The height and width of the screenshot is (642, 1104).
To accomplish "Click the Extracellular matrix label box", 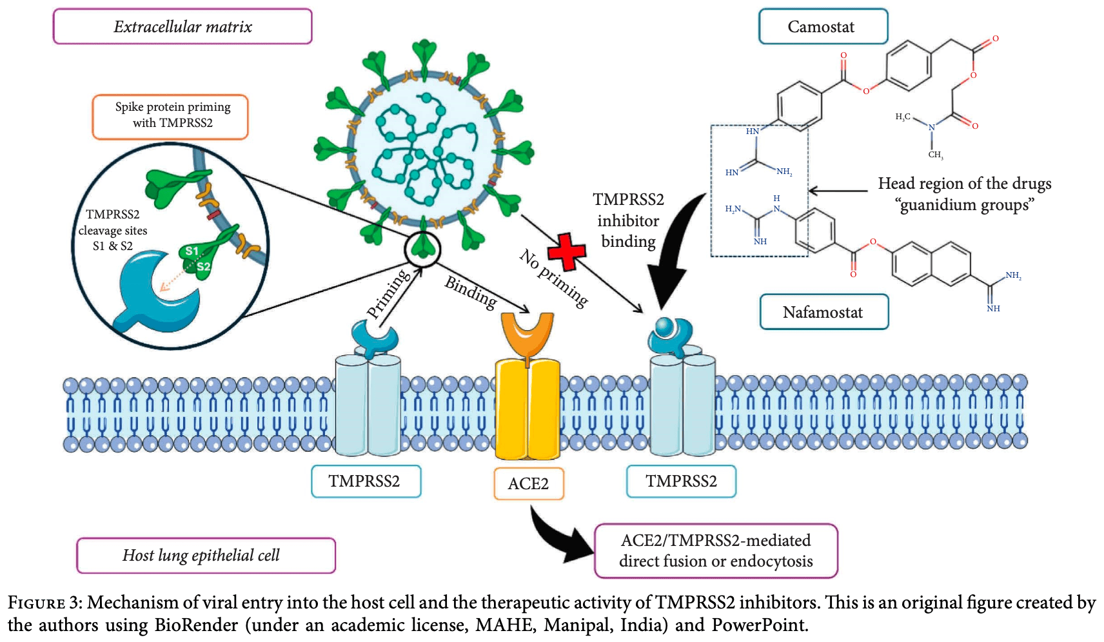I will coord(182,26).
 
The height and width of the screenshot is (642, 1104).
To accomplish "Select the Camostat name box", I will coord(822,26).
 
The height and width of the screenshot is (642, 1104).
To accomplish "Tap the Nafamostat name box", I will coord(823,312).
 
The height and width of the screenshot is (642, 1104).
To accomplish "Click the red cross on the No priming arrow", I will coord(566,251).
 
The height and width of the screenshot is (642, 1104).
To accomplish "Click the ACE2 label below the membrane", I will coord(528,483).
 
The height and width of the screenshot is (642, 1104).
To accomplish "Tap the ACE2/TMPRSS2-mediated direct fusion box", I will coord(715,550).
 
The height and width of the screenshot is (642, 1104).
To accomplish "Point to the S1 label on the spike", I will coord(192,251).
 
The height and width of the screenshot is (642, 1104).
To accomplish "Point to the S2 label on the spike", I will coord(203,266).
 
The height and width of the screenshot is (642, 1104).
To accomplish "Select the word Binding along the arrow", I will coord(471,292).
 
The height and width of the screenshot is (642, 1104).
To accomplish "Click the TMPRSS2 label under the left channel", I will coord(365,481).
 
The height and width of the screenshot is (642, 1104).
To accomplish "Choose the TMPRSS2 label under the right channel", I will coord(681,481).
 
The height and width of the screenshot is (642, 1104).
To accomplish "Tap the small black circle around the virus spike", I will coord(422,248).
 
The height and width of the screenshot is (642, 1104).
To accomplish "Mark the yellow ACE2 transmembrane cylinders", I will coord(527,409).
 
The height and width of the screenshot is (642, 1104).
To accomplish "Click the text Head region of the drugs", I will coord(964,184).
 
